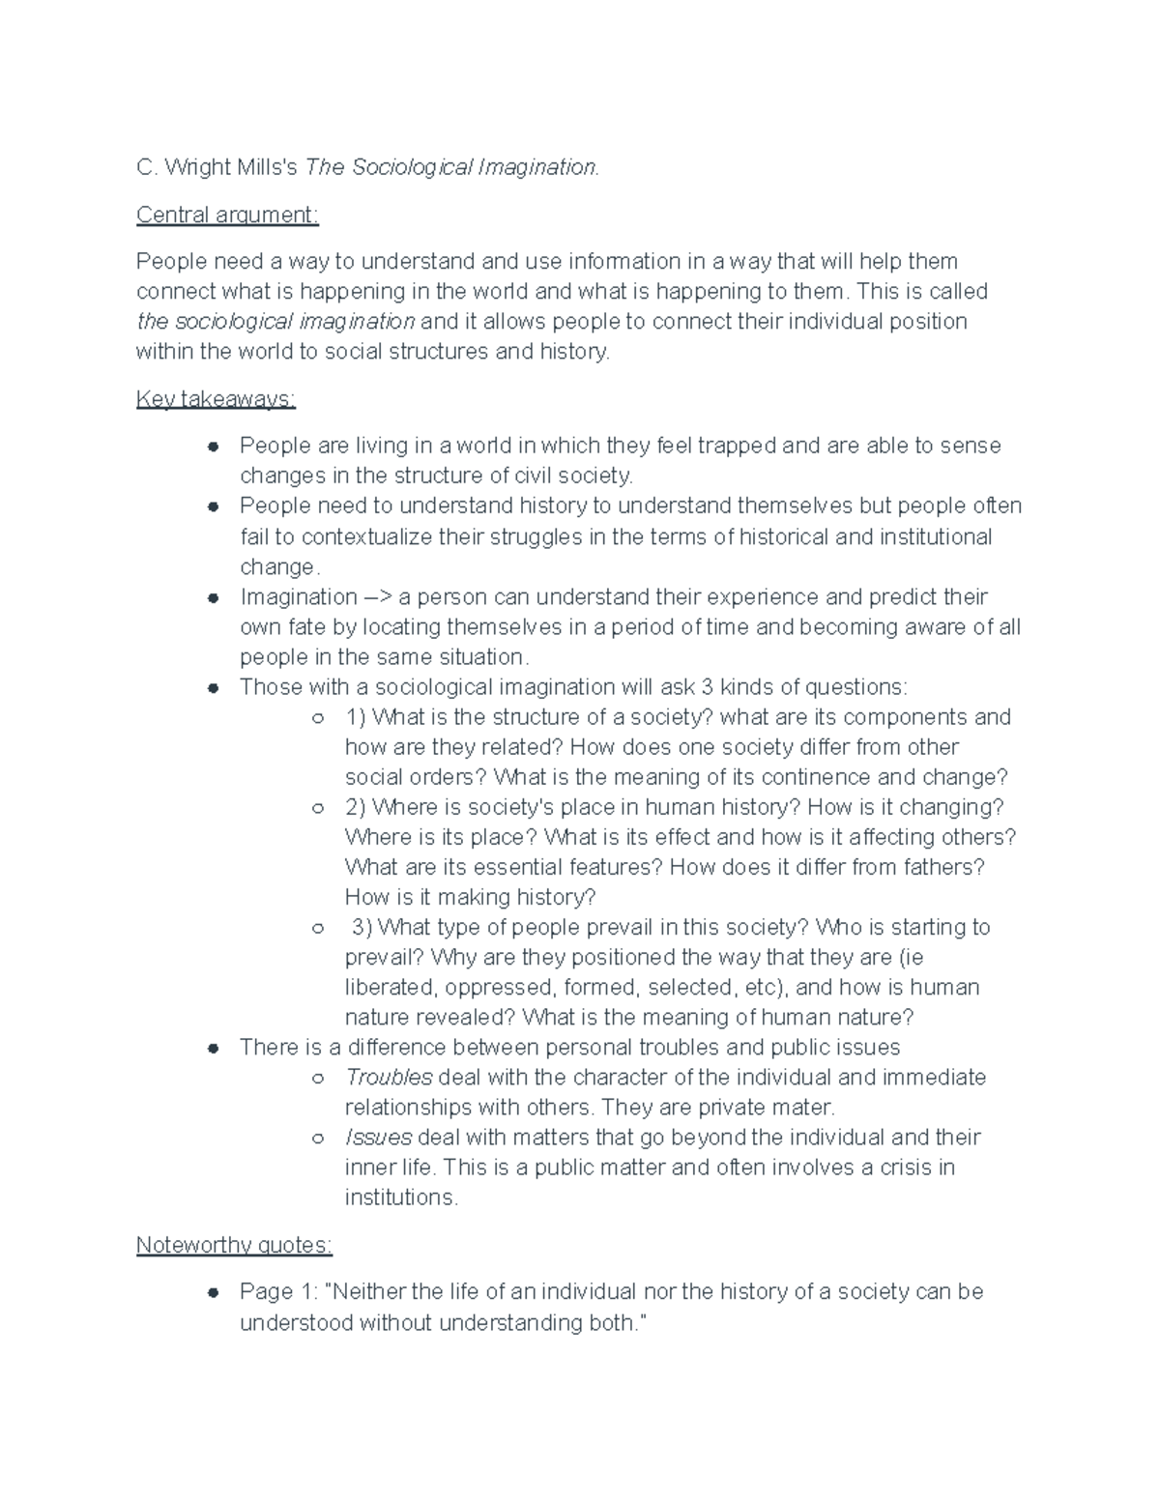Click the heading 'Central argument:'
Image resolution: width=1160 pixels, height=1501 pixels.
tap(227, 215)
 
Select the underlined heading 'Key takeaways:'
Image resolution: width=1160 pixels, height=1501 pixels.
tap(216, 399)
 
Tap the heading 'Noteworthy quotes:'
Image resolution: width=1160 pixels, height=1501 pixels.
tap(234, 1245)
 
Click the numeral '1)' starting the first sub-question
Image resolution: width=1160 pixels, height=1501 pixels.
tap(355, 717)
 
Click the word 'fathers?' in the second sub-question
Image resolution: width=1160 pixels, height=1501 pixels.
tap(943, 867)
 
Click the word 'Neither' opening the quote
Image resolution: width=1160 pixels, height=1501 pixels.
tap(369, 1292)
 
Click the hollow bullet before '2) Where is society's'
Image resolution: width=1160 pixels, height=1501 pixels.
tap(317, 807)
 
